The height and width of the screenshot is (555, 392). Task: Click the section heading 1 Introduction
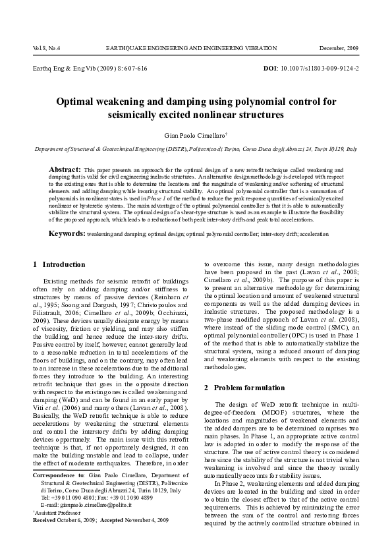click(59, 264)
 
